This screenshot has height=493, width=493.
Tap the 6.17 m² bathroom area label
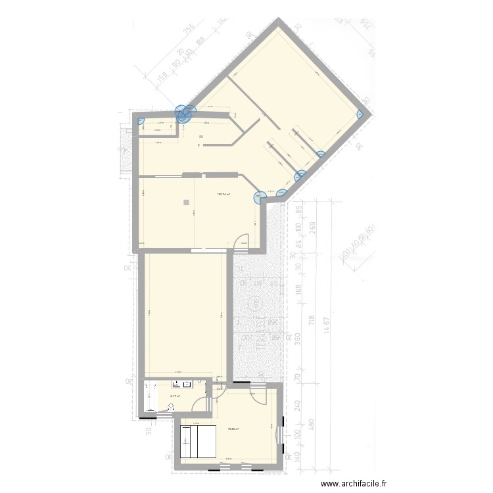175,396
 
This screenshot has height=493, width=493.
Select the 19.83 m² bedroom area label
233,429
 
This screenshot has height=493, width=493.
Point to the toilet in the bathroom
172,406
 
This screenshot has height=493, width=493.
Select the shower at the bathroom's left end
150,397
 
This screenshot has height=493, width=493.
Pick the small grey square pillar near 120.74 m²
187,202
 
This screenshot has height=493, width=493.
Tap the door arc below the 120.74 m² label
244,241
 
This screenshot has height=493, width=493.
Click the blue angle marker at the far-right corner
361,114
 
